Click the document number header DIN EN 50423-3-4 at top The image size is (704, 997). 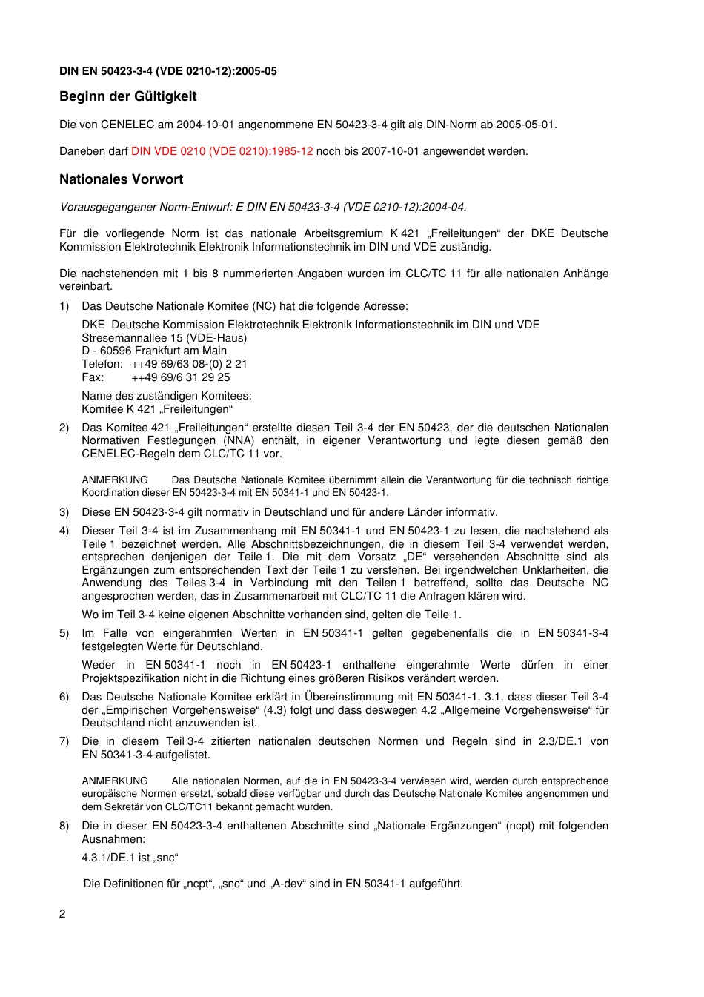coord(168,71)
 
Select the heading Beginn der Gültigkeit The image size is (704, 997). coord(127,96)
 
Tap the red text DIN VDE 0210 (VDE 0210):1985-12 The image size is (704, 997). coord(222,151)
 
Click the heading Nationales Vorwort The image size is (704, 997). coord(121,179)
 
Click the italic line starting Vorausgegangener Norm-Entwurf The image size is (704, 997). coord(263,207)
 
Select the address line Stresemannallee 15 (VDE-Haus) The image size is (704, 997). coord(165,338)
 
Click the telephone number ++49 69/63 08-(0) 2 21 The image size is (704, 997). coord(189,364)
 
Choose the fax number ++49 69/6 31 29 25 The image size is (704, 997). coord(180,377)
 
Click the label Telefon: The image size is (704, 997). coord(102,364)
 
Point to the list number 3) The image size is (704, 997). coord(64,512)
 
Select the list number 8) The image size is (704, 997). coord(64,826)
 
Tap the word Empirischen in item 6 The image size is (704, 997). coord(140,710)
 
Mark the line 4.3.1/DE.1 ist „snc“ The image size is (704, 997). coord(130,858)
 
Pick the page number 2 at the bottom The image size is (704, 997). coord(62,914)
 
